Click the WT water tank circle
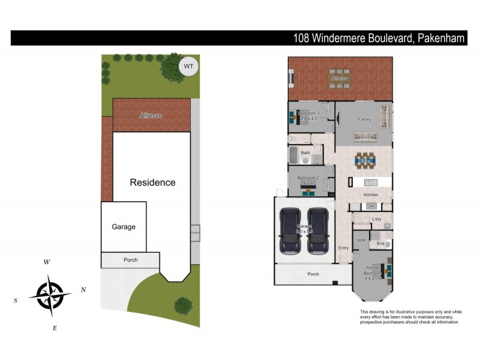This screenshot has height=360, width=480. [x=188, y=65]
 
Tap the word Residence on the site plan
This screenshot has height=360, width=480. [x=153, y=182]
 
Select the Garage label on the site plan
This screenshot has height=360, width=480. [x=124, y=227]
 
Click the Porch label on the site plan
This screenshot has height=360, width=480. [x=130, y=260]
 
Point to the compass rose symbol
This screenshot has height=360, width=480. [x=50, y=295]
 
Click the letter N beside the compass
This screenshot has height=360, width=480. [x=83, y=290]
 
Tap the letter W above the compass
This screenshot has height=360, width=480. [x=47, y=262]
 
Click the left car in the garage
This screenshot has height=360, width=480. [x=290, y=231]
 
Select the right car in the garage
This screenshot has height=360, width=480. [x=318, y=231]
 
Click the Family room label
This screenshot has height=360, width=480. [x=364, y=119]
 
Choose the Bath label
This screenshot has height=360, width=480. [x=305, y=153]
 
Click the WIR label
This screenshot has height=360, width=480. [x=361, y=240]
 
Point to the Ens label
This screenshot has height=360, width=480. [x=380, y=244]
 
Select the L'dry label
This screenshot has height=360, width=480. [x=377, y=220]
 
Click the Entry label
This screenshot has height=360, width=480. [x=343, y=248]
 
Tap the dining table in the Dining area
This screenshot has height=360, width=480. [x=364, y=160]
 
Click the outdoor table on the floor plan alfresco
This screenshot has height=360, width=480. [x=340, y=79]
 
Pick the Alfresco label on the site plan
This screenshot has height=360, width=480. [x=151, y=115]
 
